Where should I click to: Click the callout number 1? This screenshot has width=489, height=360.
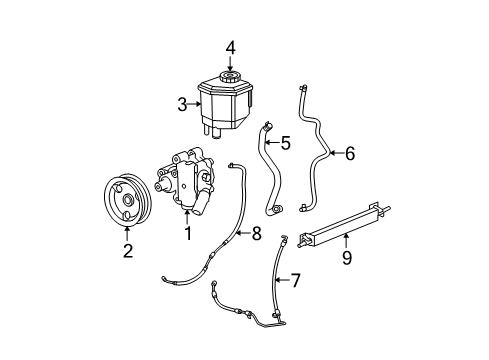(187, 234)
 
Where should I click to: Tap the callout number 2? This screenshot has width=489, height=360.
(127, 251)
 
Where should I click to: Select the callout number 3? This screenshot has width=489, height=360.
(183, 103)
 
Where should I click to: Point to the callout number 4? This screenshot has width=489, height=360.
(229, 46)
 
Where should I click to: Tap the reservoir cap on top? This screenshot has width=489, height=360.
(230, 77)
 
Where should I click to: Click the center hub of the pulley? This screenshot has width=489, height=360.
(127, 201)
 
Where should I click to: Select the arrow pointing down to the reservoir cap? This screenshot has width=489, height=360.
(229, 61)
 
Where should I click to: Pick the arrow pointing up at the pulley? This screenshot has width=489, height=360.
(127, 234)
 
